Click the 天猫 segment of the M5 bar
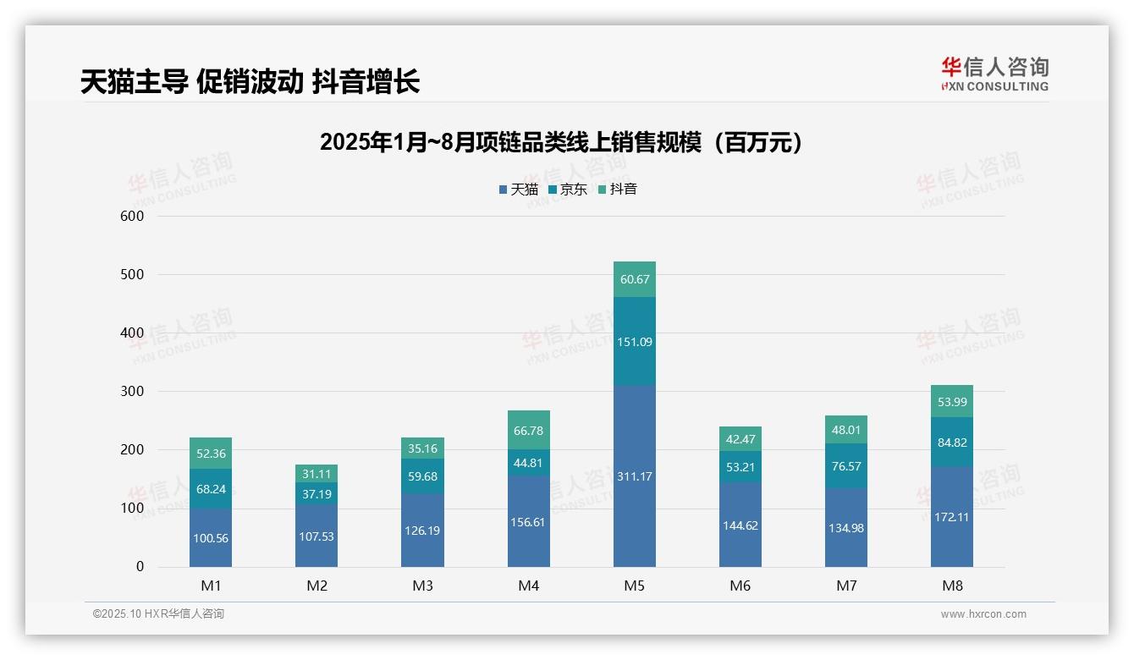click(634, 476)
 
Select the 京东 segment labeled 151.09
click(634, 342)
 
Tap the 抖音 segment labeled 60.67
click(634, 279)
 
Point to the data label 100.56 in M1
click(211, 538)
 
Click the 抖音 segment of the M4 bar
click(528, 431)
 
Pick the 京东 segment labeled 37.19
click(317, 494)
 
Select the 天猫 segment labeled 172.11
click(951, 517)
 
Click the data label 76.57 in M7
click(846, 466)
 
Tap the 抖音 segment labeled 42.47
click(740, 438)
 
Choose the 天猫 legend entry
click(518, 190)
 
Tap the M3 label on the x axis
click(422, 586)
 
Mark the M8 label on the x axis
click(951, 586)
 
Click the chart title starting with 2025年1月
click(560, 143)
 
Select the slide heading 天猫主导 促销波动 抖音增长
click(250, 81)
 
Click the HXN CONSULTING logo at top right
click(994, 74)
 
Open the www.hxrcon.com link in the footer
click(983, 614)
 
